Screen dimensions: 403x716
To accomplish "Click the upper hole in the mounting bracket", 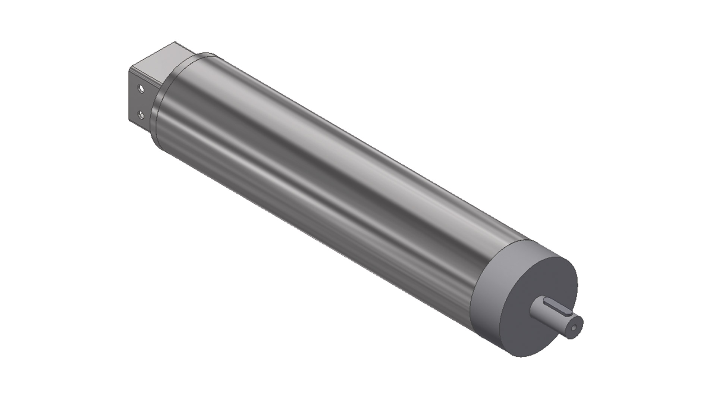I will click(x=141, y=89).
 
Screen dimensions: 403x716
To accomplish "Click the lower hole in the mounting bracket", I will click(x=141, y=115).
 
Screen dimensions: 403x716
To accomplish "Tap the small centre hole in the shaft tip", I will click(x=574, y=328).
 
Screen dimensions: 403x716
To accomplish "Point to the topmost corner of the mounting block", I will click(x=176, y=42).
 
